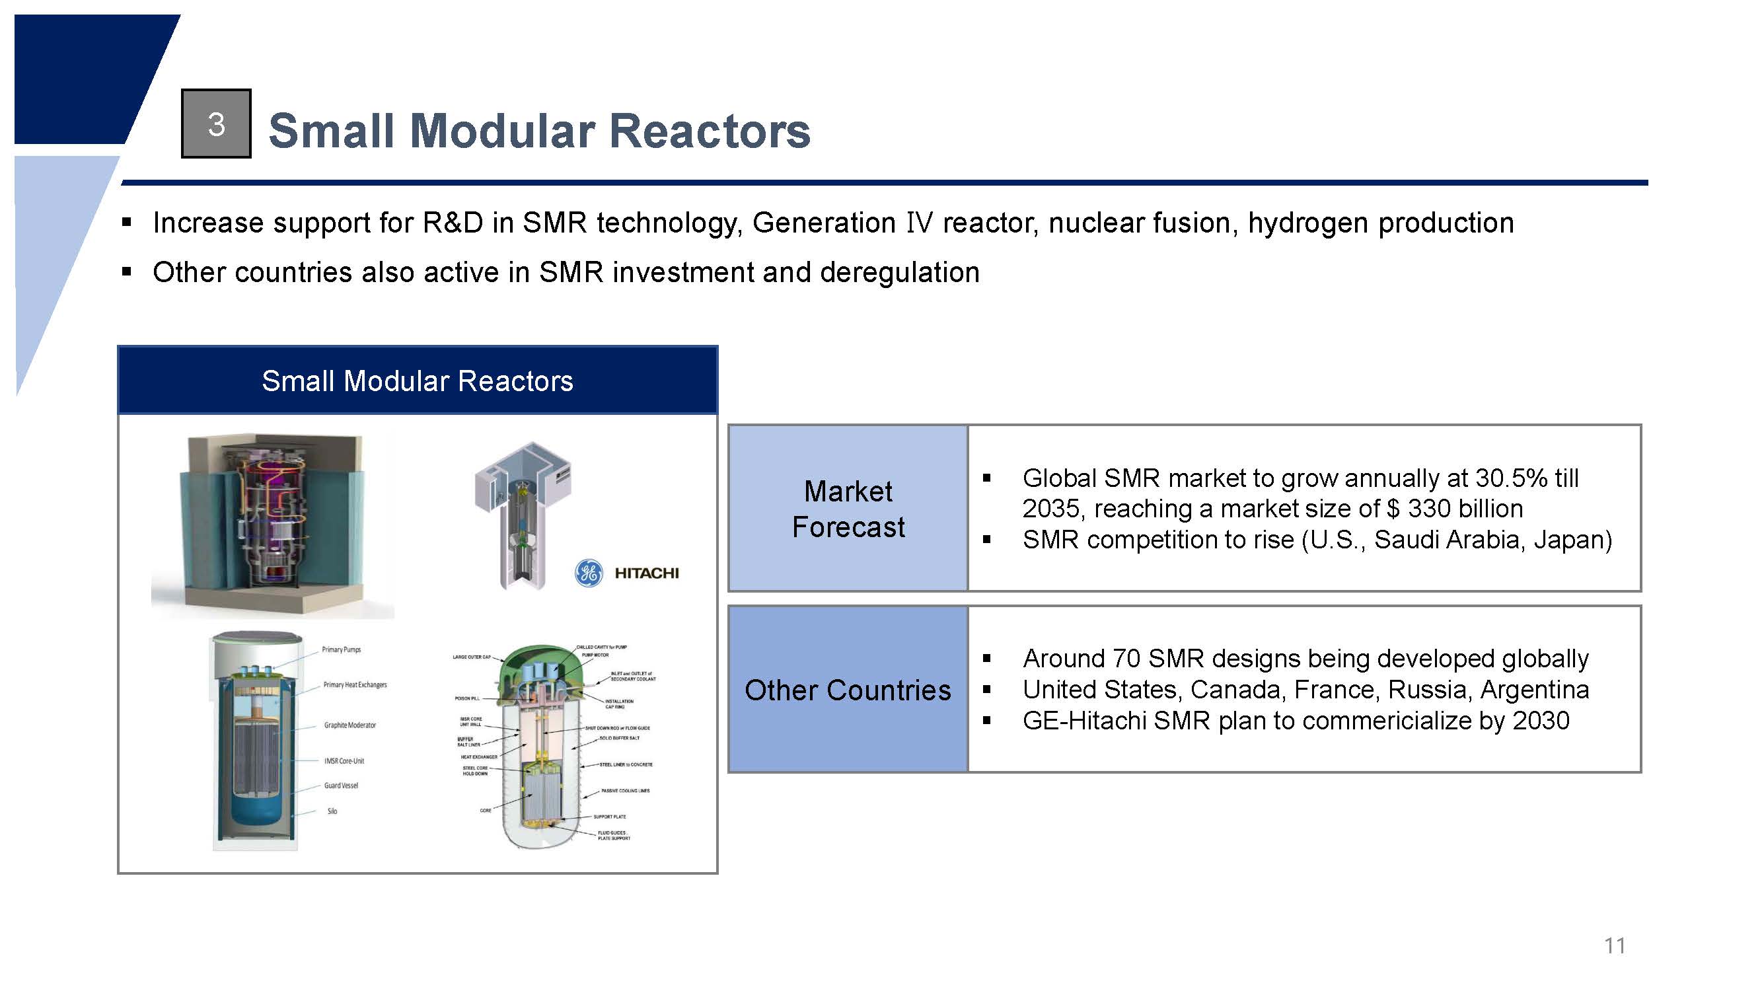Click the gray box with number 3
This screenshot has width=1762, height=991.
tap(216, 124)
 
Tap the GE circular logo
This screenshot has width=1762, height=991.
tap(588, 573)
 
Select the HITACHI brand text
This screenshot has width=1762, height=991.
tap(646, 573)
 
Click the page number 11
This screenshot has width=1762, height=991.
tap(1614, 946)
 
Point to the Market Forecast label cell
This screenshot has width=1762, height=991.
tap(848, 509)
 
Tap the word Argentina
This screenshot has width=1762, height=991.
tap(1534, 689)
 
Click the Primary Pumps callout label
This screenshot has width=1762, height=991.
tap(342, 649)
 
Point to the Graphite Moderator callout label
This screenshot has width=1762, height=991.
tap(349, 725)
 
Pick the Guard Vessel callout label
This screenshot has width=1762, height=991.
tap(341, 786)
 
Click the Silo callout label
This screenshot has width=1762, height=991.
tap(332, 811)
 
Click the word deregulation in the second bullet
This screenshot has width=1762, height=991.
tap(899, 273)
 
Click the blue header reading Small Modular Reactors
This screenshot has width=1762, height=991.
tap(418, 381)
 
